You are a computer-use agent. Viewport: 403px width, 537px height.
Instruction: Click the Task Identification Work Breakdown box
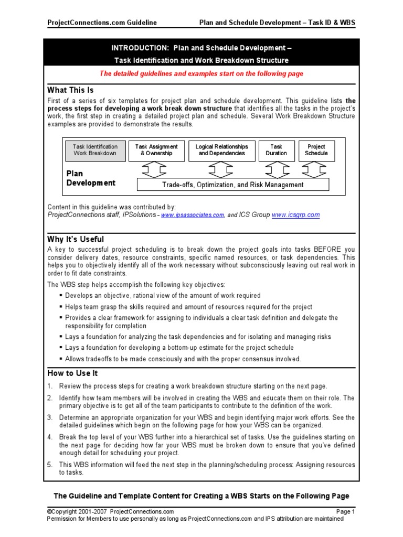pos(95,150)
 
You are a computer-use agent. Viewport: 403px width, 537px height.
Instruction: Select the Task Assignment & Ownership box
pos(156,150)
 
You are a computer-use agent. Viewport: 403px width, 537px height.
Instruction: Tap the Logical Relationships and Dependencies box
pos(221,150)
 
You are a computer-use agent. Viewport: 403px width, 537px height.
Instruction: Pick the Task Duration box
pos(276,150)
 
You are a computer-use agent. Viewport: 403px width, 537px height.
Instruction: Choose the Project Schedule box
pos(316,150)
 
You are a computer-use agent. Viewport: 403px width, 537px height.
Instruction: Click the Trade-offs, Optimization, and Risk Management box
pos(232,185)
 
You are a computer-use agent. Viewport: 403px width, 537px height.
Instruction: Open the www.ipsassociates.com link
pos(193,215)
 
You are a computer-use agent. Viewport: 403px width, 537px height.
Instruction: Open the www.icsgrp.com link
pos(295,215)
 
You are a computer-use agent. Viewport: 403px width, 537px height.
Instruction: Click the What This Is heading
pos(70,90)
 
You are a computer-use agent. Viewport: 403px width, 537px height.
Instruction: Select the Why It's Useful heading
pos(76,240)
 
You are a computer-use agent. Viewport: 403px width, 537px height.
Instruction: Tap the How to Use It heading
pos(72,373)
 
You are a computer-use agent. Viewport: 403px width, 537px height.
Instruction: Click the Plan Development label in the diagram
pos(90,178)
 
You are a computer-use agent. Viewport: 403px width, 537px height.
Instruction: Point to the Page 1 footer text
pos(346,511)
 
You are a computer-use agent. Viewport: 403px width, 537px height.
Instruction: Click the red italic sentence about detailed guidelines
pos(201,74)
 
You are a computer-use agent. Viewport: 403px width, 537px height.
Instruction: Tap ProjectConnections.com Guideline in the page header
pos(102,23)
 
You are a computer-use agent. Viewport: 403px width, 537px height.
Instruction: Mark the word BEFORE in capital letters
pos(328,250)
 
